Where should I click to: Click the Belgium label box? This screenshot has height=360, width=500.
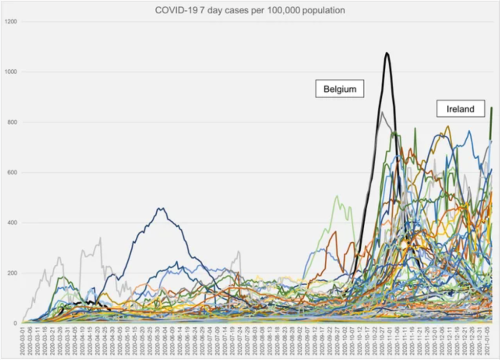tap(339, 89)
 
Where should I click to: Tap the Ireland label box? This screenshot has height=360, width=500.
tap(460, 108)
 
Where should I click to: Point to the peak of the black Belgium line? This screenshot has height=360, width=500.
tap(387, 53)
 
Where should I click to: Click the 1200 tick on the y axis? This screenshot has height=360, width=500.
tap(11, 22)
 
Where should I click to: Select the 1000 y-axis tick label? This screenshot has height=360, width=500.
tap(11, 72)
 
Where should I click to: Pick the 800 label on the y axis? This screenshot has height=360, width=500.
tap(13, 123)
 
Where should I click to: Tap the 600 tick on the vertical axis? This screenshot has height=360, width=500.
tap(13, 173)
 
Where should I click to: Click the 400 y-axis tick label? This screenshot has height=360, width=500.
tap(13, 223)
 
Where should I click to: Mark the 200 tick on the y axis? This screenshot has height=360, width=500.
tap(13, 274)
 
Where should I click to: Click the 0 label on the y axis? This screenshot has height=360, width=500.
tap(16, 323)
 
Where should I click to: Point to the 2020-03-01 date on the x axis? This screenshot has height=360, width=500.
tap(22, 340)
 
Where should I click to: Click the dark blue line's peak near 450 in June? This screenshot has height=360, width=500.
tap(162, 209)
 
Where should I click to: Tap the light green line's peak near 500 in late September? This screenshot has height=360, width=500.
tap(337, 196)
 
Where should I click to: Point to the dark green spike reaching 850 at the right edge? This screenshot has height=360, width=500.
tap(491, 108)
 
